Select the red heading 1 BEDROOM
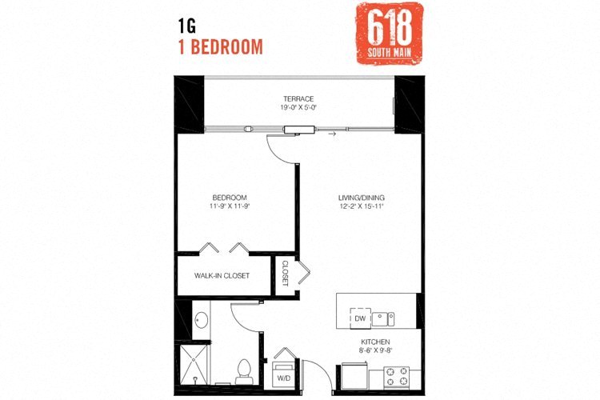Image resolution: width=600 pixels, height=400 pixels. pyautogui.click(x=220, y=46)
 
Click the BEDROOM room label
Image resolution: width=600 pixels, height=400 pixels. pyautogui.click(x=229, y=198)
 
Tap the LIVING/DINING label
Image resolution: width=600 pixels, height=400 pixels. pyautogui.click(x=362, y=198)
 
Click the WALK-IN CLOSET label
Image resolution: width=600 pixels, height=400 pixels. pyautogui.click(x=222, y=276)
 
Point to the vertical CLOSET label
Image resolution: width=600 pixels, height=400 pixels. pyautogui.click(x=285, y=274)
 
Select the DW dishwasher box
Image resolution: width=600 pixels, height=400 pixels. pyautogui.click(x=360, y=318)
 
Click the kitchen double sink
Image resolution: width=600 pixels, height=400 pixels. pyautogui.click(x=386, y=318)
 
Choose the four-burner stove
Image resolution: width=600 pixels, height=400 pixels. pyautogui.click(x=396, y=374)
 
